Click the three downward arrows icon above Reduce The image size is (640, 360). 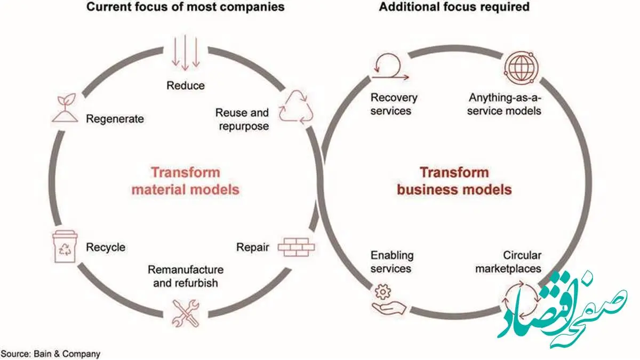tap(186, 53)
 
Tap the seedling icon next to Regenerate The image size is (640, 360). tap(65, 108)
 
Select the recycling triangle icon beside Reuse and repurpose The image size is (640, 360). tap(295, 107)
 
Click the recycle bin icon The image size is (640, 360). tap(65, 246)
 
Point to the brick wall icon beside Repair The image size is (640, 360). tap(297, 247)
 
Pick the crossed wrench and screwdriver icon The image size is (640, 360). tap(186, 313)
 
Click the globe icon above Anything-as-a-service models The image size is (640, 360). tap(521, 68)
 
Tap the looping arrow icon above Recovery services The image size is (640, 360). tap(390, 67)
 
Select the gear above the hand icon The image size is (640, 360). tap(382, 292)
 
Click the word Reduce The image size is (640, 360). tap(186, 85)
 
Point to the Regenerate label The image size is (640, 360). tap(115, 119)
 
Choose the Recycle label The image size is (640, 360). tap(106, 247)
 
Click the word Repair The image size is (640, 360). tap(253, 247)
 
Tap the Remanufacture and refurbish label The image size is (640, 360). tap(186, 276)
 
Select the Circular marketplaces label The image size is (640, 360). tap(508, 262)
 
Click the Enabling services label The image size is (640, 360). tap(392, 262)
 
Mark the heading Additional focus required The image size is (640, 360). tap(454, 6)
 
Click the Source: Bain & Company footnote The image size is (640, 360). tap(51, 354)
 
